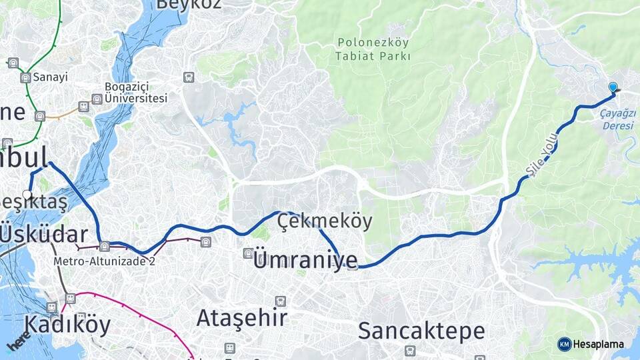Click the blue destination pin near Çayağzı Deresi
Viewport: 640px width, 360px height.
tap(613, 87)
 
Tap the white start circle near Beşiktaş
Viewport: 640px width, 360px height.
tap(27, 195)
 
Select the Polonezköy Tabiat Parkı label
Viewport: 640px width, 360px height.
tap(373, 49)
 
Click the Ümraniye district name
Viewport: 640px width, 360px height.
tap(305, 260)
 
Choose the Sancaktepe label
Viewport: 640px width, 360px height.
tap(421, 330)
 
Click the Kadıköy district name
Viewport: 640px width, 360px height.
tap(67, 325)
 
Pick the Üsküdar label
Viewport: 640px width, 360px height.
tap(44, 235)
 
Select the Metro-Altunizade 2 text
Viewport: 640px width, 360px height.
tap(105, 261)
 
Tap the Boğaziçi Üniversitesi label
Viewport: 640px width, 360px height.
tap(135, 93)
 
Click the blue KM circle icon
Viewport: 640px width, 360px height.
tap(564, 344)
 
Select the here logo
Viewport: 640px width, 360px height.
tap(18, 341)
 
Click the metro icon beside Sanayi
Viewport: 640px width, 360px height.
tap(25, 78)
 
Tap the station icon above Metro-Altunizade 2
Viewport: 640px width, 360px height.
tap(104, 247)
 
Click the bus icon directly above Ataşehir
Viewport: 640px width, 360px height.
tap(280, 301)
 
